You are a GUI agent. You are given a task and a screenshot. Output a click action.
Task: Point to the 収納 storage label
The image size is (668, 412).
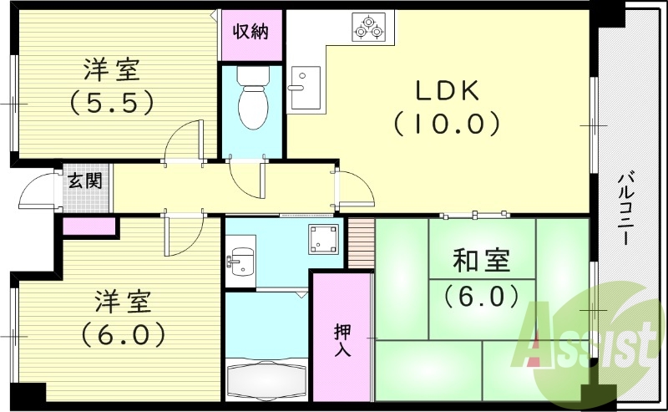(250, 32)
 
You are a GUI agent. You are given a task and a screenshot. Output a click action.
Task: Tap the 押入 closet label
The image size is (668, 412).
(342, 339)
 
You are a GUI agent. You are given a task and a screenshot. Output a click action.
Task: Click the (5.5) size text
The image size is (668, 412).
(112, 102)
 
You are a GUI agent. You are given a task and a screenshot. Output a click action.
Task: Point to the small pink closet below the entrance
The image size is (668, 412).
(89, 226)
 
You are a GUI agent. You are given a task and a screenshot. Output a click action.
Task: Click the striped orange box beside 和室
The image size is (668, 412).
(361, 243)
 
